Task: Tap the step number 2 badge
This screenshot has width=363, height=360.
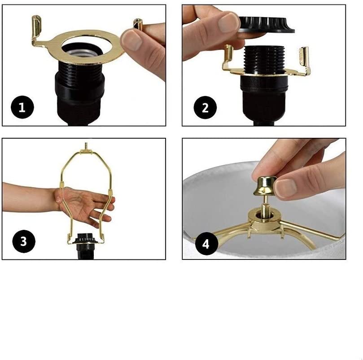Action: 205,108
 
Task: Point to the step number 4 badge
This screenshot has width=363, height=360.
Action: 206,244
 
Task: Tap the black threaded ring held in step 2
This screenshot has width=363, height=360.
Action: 266,24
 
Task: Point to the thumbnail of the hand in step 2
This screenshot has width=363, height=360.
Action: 228,23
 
